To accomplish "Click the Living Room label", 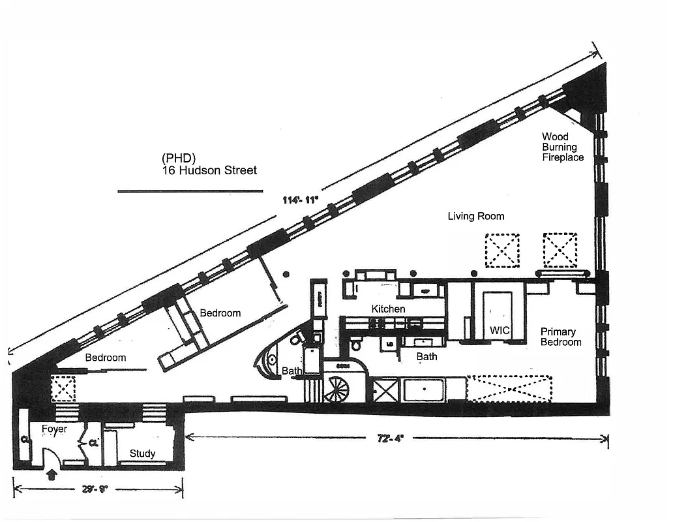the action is [x=475, y=216].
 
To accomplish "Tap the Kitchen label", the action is [x=389, y=309].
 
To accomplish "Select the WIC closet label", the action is [x=500, y=331].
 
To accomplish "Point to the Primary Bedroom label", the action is [x=561, y=337].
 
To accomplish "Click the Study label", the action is [x=142, y=453].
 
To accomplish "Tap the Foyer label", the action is [x=54, y=429].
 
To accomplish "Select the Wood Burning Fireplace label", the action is [x=563, y=147].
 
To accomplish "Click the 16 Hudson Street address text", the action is [x=209, y=170].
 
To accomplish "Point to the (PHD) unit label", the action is [x=179, y=159].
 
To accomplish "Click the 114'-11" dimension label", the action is [x=299, y=200].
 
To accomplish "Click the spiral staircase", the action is [x=338, y=390].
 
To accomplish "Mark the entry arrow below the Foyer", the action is [x=53, y=474].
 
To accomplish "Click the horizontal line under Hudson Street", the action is [x=190, y=191].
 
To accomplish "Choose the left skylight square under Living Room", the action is [x=501, y=250].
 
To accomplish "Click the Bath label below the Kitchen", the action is [x=426, y=357].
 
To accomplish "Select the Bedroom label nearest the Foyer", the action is [x=106, y=358].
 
